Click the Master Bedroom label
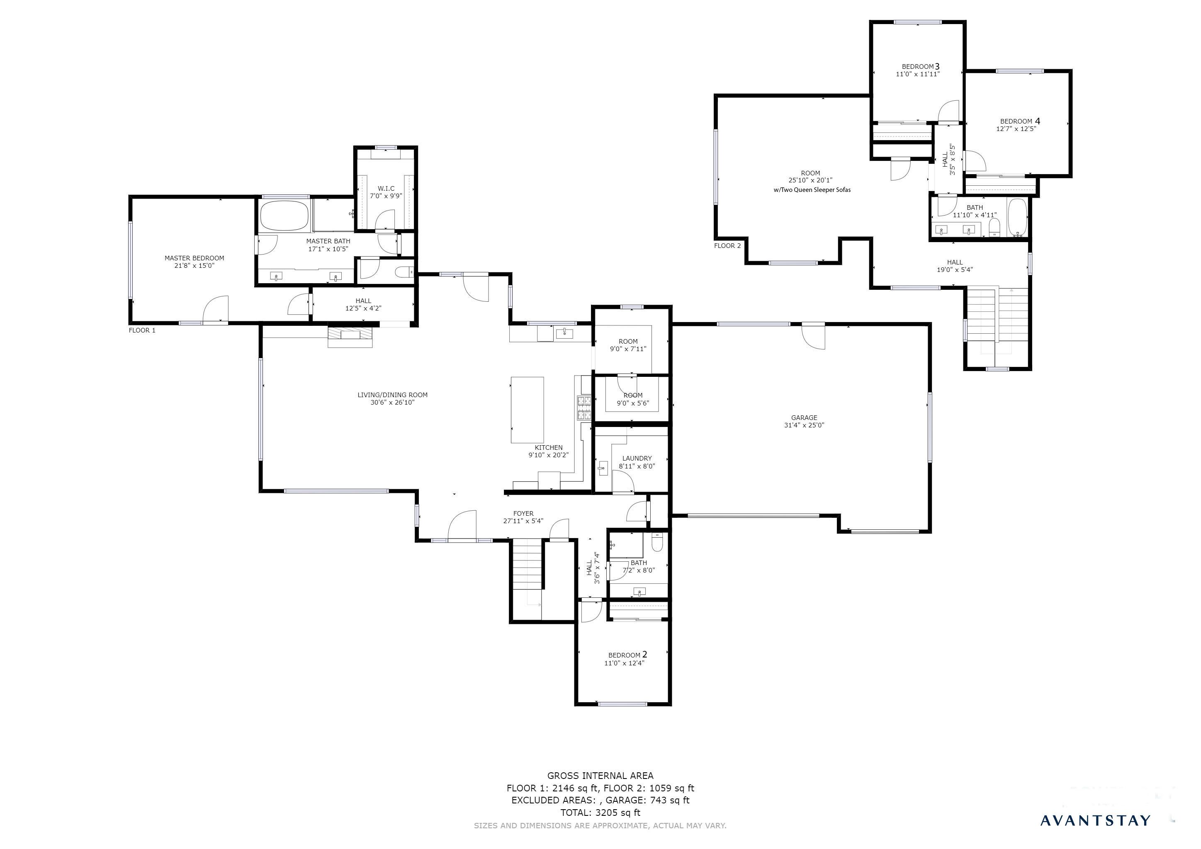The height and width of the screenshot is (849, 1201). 194,258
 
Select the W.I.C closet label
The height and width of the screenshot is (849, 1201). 386,189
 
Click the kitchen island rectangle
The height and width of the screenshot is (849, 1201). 527,410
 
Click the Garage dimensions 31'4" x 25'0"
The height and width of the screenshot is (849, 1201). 804,425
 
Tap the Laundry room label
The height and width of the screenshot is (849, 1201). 637,458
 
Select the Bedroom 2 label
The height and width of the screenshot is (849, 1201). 628,655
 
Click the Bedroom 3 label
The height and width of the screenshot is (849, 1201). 921,66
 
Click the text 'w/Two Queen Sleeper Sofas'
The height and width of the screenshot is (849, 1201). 812,190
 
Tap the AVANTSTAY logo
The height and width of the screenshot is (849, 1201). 1095,820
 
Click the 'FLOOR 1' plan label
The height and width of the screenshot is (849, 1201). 142,330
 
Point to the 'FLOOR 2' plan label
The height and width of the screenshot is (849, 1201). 728,246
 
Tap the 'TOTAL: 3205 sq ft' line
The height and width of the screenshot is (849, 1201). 600,813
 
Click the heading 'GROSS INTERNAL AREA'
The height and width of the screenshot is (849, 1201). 600,776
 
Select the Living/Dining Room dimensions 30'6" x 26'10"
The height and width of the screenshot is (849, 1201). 392,403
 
